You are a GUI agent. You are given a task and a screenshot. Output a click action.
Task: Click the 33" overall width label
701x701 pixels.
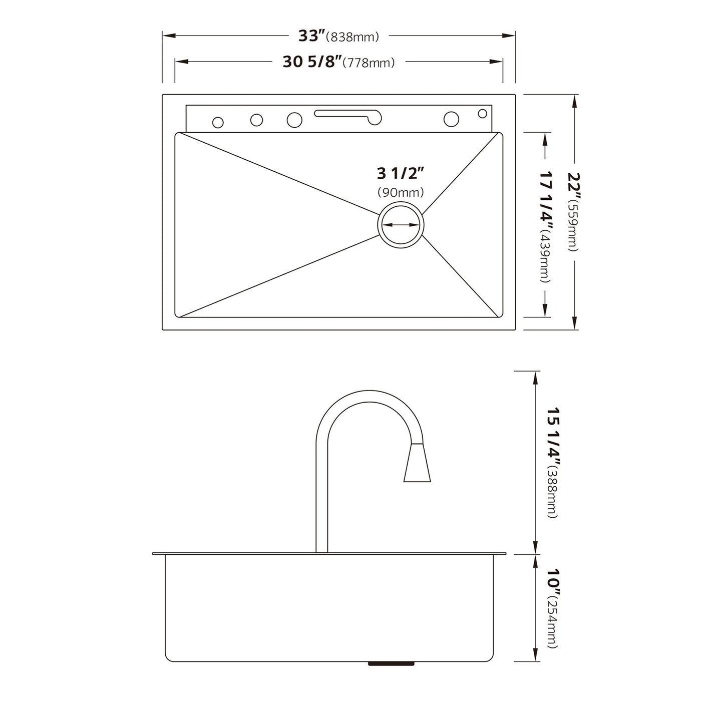pos(311,36)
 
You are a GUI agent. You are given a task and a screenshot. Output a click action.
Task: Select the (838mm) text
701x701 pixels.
pos(352,37)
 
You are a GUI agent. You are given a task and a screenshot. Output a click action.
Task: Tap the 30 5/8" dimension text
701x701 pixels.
pos(312,62)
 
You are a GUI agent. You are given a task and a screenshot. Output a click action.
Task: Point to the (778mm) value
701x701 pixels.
pos(371,63)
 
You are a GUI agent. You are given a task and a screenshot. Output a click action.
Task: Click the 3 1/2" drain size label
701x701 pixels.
pos(401,173)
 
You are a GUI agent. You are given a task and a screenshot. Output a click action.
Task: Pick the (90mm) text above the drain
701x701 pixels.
pos(401,192)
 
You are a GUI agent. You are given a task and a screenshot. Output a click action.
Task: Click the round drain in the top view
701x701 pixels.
pos(401,225)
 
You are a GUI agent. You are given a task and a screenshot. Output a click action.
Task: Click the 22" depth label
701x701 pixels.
pos(574,185)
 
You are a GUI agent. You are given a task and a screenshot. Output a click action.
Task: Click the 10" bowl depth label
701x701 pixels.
pos(553,581)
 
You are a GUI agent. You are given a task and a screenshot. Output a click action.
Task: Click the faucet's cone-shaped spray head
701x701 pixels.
pos(417,463)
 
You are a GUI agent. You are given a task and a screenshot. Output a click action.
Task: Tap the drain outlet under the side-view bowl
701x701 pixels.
pos(391,663)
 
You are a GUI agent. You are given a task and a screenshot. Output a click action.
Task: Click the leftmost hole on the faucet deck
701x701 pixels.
pos(218,122)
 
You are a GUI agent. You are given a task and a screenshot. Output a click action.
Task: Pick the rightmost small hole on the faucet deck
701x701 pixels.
pos(482,114)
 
